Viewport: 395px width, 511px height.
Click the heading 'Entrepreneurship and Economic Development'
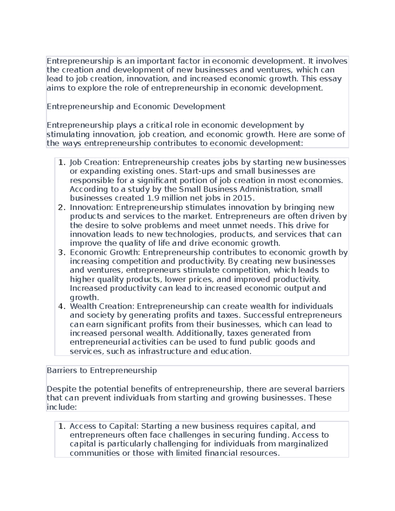point(136,107)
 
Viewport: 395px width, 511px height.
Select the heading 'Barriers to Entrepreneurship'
point(102,370)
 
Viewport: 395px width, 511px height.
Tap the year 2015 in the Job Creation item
point(242,198)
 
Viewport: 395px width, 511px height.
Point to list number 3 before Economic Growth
point(62,252)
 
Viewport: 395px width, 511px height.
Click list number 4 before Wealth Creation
point(62,306)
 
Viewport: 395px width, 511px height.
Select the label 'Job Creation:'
point(95,162)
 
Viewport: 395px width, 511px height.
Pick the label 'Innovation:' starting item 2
point(92,207)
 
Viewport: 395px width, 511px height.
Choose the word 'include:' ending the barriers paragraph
point(62,407)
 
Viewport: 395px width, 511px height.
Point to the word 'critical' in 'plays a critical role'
point(159,125)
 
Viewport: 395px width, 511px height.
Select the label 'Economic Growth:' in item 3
point(105,252)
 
